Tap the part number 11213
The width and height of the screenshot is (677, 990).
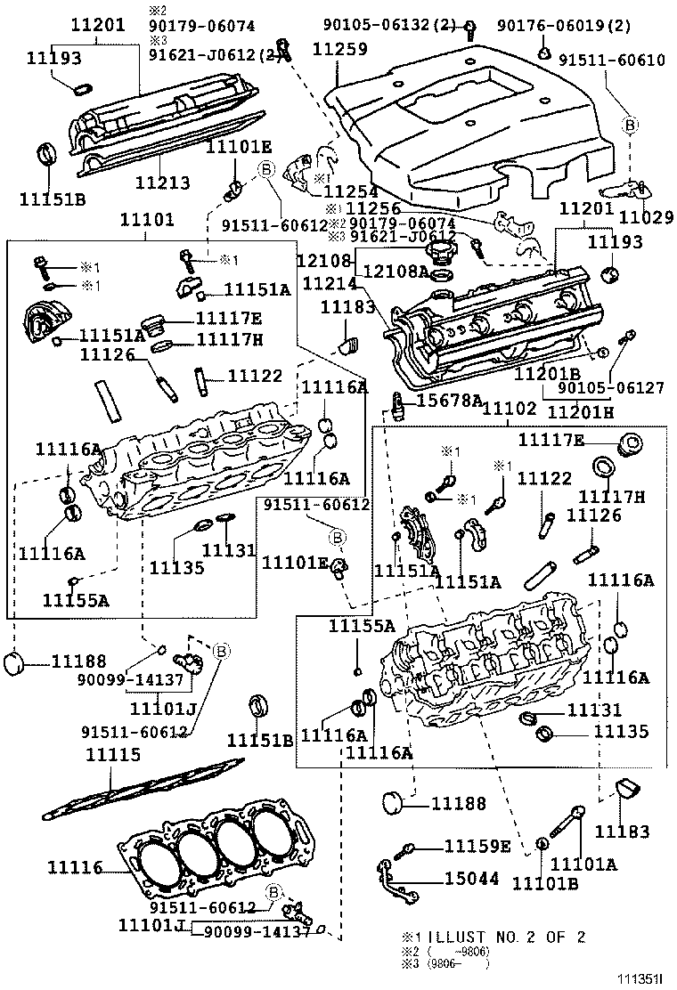[162, 183]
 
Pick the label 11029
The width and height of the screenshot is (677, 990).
[643, 216]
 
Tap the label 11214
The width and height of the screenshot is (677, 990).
[330, 284]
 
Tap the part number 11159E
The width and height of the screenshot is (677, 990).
[477, 846]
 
